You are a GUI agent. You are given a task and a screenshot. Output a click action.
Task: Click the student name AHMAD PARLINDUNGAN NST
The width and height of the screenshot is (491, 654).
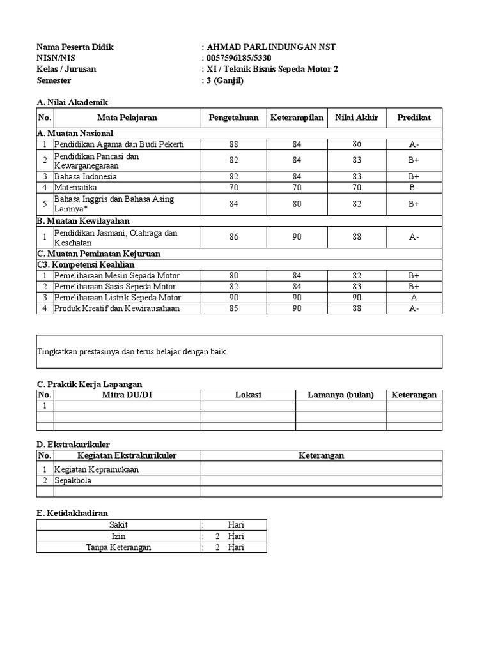[271, 47]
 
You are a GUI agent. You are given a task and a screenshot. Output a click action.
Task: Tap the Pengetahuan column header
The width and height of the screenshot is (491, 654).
[233, 118]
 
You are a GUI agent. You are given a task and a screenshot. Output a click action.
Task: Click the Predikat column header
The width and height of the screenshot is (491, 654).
[414, 118]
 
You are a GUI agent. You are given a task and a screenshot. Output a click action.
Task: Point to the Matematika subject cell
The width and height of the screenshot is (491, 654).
[75, 188]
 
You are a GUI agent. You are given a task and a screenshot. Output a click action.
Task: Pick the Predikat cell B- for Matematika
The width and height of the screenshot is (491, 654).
[414, 188]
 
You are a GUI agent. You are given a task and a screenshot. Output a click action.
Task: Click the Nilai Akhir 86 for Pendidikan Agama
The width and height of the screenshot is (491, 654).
[356, 144]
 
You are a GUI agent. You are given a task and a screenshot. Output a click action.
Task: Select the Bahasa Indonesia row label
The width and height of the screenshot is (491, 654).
[86, 176]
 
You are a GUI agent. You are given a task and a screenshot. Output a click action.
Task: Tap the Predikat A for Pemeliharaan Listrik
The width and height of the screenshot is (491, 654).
[414, 298]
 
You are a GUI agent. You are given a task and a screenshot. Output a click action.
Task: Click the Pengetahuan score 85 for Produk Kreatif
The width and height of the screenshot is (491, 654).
[233, 308]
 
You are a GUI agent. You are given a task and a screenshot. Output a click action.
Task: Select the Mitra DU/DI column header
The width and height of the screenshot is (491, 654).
[127, 395]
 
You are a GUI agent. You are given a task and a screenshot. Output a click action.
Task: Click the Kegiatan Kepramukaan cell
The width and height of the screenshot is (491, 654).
[97, 469]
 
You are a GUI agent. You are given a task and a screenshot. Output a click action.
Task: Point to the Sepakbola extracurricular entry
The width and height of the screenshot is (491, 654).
[72, 480]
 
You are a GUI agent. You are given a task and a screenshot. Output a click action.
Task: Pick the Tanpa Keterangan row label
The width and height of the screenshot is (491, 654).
[117, 547]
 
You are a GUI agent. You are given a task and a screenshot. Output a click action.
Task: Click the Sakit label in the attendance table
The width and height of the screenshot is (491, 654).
[118, 524]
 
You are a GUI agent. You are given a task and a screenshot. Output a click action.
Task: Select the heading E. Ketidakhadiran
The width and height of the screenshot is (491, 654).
[72, 513]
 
